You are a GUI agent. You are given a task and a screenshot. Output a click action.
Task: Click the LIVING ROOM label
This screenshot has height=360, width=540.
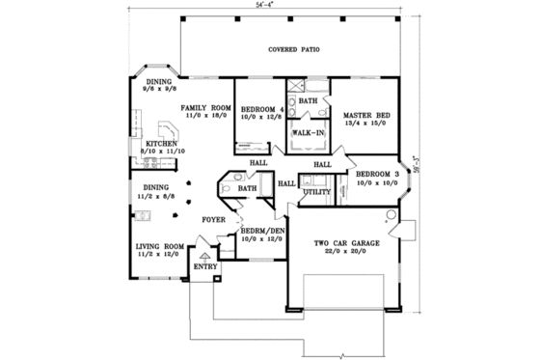tap(157, 246)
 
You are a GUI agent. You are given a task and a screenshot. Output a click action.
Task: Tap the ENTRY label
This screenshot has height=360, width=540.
tap(204, 264)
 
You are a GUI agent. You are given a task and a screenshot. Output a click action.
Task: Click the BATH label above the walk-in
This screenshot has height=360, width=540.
tap(308, 100)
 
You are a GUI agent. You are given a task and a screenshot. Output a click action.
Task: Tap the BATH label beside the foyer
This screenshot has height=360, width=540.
tap(248, 189)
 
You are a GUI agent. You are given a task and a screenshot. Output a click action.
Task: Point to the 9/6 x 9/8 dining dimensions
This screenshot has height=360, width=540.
tap(158, 93)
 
